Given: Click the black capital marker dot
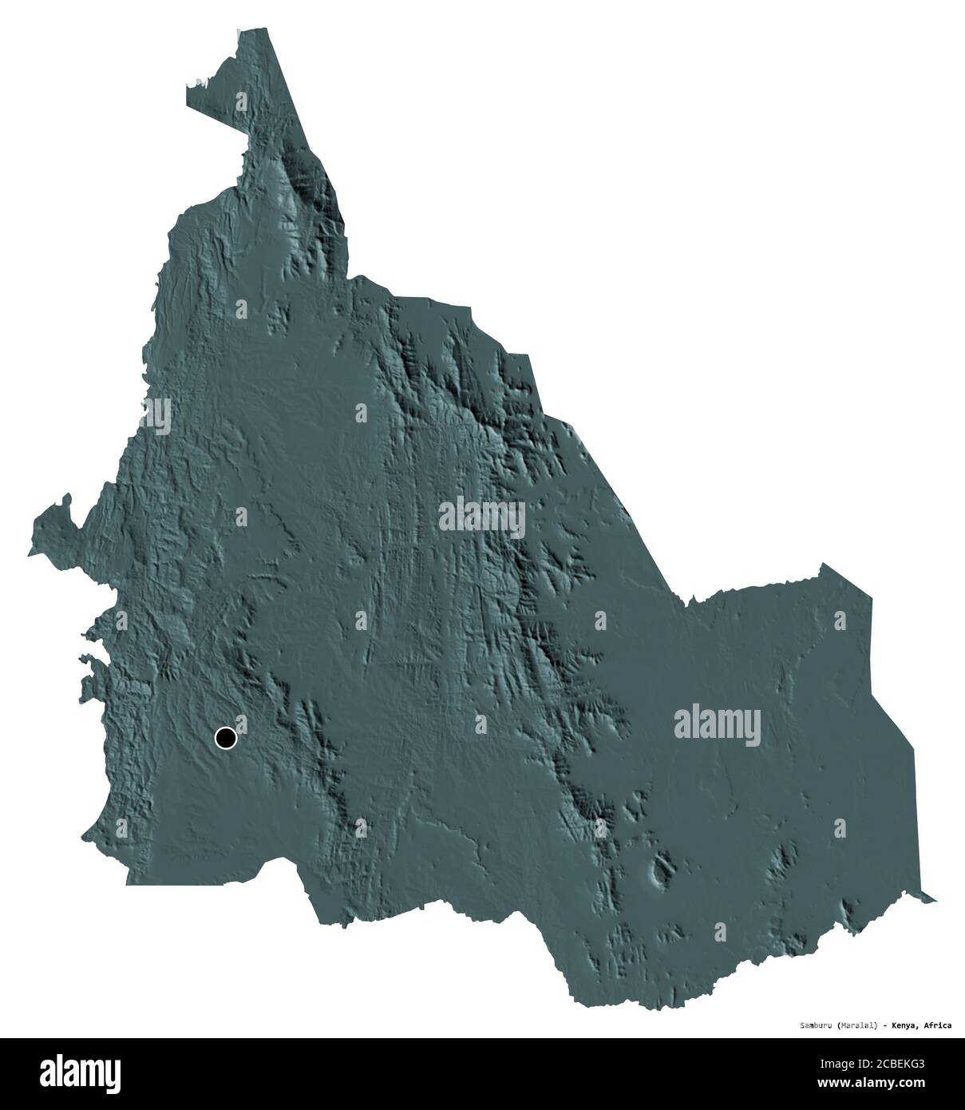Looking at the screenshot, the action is [x=226, y=739].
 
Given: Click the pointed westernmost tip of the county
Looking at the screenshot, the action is [x=29, y=553].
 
